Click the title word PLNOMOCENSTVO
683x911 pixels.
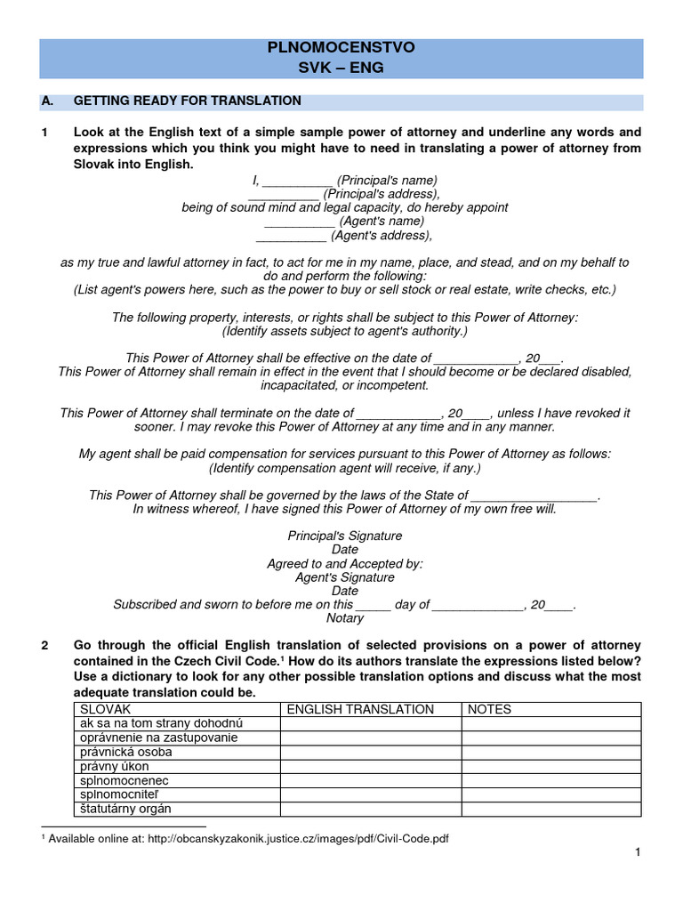tap(341, 48)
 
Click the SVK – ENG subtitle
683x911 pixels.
tap(341, 68)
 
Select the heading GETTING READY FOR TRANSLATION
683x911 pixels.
tap(187, 101)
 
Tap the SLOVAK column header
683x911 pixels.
tap(106, 709)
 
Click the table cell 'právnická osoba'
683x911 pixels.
tap(126, 752)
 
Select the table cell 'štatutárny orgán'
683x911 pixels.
tap(125, 809)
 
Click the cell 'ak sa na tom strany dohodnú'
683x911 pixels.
tap(161, 723)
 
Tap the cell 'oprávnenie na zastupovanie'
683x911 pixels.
tap(159, 738)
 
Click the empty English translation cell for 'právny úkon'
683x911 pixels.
tap(370, 766)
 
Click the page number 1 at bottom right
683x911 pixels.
tap(638, 853)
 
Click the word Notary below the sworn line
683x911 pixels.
tap(345, 618)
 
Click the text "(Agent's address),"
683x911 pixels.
tap(382, 236)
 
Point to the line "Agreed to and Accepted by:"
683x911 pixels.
tap(345, 564)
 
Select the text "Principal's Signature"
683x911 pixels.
tap(345, 536)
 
